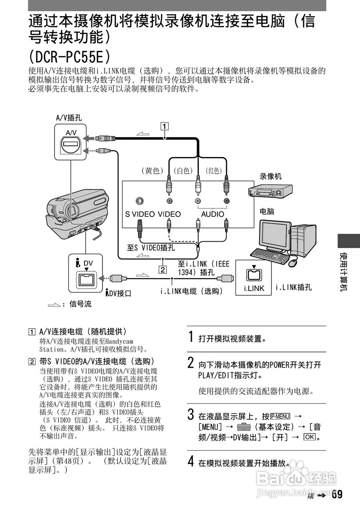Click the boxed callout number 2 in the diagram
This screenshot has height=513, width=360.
point(162,269)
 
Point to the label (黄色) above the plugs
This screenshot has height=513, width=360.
point(152,171)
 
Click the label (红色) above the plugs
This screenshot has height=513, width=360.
point(214,171)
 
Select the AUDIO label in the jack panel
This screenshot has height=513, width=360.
point(213,214)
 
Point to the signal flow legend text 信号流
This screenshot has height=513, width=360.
point(80,304)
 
